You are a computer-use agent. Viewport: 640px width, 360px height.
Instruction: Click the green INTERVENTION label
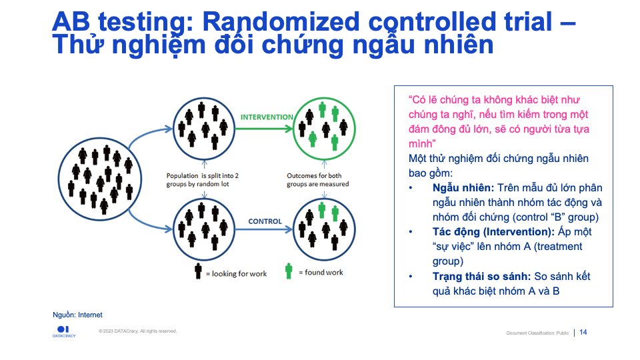(267, 117)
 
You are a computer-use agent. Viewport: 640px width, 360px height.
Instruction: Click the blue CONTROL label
(265, 221)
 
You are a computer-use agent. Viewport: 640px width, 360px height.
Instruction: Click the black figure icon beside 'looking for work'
(198, 271)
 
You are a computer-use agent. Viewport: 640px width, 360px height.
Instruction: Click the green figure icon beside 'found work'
(289, 271)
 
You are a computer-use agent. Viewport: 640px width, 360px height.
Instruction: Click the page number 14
(583, 332)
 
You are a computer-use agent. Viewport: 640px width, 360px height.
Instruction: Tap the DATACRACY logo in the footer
(64, 331)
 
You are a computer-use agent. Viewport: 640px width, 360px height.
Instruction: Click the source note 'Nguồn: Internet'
(77, 315)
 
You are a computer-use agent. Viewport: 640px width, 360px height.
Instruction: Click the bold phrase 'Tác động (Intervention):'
(493, 232)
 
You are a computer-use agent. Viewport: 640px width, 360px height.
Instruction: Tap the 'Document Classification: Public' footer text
(537, 333)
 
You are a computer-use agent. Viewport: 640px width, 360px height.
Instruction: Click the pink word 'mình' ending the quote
(421, 143)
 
